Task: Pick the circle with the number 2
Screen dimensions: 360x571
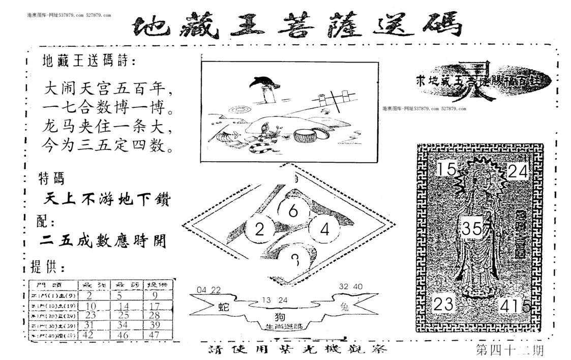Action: click(x=259, y=230)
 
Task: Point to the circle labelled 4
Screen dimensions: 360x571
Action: click(x=325, y=229)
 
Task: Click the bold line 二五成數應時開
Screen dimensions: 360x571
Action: click(x=104, y=241)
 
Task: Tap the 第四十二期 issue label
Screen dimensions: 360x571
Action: click(x=508, y=350)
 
